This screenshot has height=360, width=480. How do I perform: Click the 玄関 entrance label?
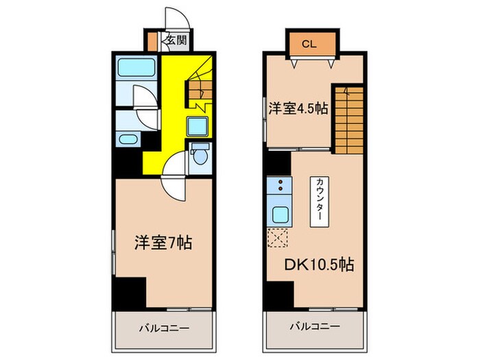point(176,40)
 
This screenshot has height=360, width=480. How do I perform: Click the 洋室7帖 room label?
point(163,242)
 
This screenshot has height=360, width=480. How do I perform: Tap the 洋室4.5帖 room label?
point(298,108)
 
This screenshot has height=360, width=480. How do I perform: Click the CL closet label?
point(309,45)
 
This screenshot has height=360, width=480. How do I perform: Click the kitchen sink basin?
point(280,214)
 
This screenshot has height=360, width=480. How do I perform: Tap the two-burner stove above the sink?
point(280,184)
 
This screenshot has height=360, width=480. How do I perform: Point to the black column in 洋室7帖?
point(130,292)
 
